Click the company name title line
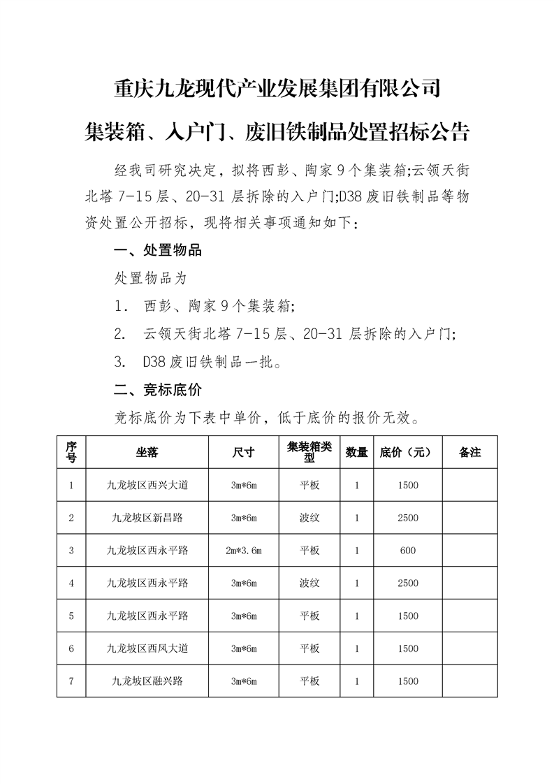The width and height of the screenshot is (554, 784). tap(277, 89)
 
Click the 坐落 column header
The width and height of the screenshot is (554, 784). tap(147, 452)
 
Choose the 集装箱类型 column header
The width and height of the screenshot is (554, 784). tap(309, 452)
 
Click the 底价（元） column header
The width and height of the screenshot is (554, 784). tap(408, 452)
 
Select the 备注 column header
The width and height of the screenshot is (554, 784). tap(470, 452)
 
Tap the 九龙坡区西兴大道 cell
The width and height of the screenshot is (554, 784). tap(147, 485)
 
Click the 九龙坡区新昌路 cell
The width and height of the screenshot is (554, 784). tap(147, 518)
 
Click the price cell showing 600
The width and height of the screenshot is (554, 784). tap(408, 551)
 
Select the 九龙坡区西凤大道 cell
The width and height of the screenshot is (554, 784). tap(147, 648)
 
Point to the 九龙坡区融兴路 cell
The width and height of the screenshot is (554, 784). tap(147, 681)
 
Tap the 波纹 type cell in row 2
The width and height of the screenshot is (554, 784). tap(309, 518)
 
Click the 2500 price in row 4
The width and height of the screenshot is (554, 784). tap(408, 583)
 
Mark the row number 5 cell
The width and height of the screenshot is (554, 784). tap(71, 616)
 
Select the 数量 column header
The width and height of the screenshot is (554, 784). tap(357, 452)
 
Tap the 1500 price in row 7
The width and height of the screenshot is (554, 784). tap(408, 681)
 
